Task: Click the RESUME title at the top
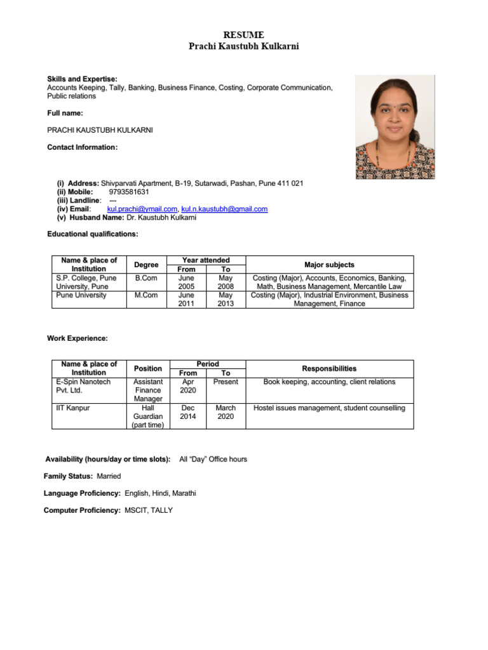[243, 35]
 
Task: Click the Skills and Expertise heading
[82, 79]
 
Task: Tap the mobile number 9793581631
[129, 192]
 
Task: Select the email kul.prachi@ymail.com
[142, 209]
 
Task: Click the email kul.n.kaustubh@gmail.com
[224, 209]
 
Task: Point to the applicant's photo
[395, 127]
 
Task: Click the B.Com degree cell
[146, 278]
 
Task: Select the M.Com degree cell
[146, 295]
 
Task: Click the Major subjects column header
[329, 265]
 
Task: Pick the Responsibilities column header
[329, 369]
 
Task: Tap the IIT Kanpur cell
[72, 408]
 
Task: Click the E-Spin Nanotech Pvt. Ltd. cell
[83, 386]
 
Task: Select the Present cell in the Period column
[226, 382]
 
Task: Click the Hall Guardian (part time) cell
[147, 416]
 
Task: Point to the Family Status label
[68, 476]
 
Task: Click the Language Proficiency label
[82, 493]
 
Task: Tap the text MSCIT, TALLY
[149, 510]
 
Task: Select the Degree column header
[146, 265]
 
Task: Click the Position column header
[147, 369]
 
